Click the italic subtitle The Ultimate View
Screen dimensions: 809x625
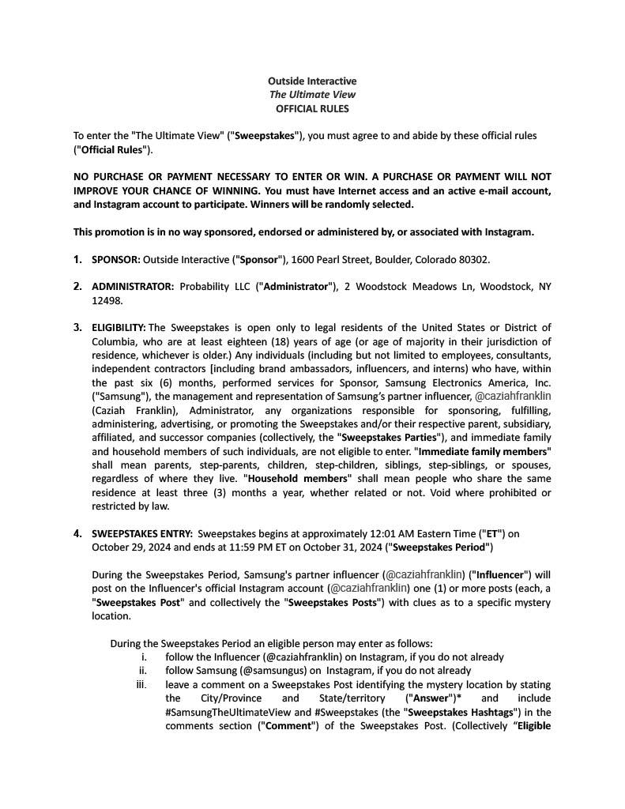click(x=312, y=95)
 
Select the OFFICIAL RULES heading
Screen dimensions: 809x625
click(x=312, y=109)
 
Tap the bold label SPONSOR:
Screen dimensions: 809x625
click(x=116, y=259)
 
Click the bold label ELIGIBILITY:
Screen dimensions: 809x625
click(x=119, y=327)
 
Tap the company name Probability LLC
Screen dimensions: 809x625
click(x=215, y=287)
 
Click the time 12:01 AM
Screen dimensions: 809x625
click(x=420, y=533)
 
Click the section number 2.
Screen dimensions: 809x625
click(x=77, y=287)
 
